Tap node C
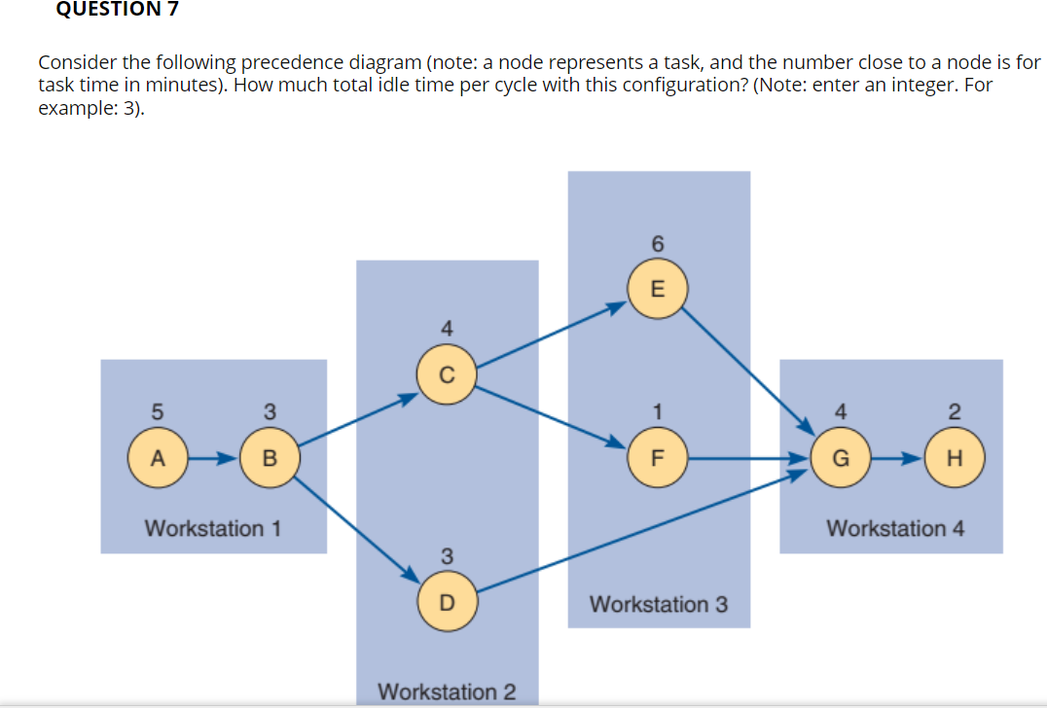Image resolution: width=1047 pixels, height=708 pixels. click(446, 375)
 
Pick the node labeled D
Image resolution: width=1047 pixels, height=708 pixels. click(446, 602)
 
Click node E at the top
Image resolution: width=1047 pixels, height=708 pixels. click(657, 289)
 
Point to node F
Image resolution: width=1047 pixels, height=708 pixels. click(658, 456)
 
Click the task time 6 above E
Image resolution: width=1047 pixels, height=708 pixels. click(657, 244)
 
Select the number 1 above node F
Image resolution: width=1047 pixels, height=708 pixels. click(658, 411)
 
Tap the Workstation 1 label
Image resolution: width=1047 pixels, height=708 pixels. click(212, 529)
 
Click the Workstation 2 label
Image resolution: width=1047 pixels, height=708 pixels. click(447, 691)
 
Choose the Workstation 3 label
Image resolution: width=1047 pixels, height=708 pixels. click(658, 604)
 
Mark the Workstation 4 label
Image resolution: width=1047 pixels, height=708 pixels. click(895, 529)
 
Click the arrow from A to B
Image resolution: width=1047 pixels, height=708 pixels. click(212, 456)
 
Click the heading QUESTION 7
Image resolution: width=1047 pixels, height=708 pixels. click(104, 9)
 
